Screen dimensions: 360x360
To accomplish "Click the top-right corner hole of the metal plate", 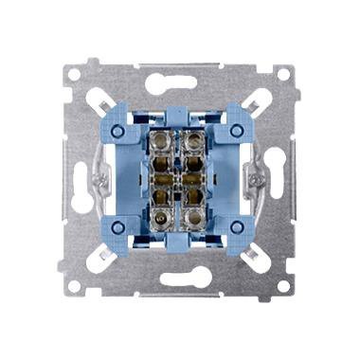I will tap(284, 73).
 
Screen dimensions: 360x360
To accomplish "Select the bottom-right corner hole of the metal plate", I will tap(284, 283).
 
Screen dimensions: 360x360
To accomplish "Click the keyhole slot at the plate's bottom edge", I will tap(180, 280).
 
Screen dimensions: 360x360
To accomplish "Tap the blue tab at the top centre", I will tap(180, 113).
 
